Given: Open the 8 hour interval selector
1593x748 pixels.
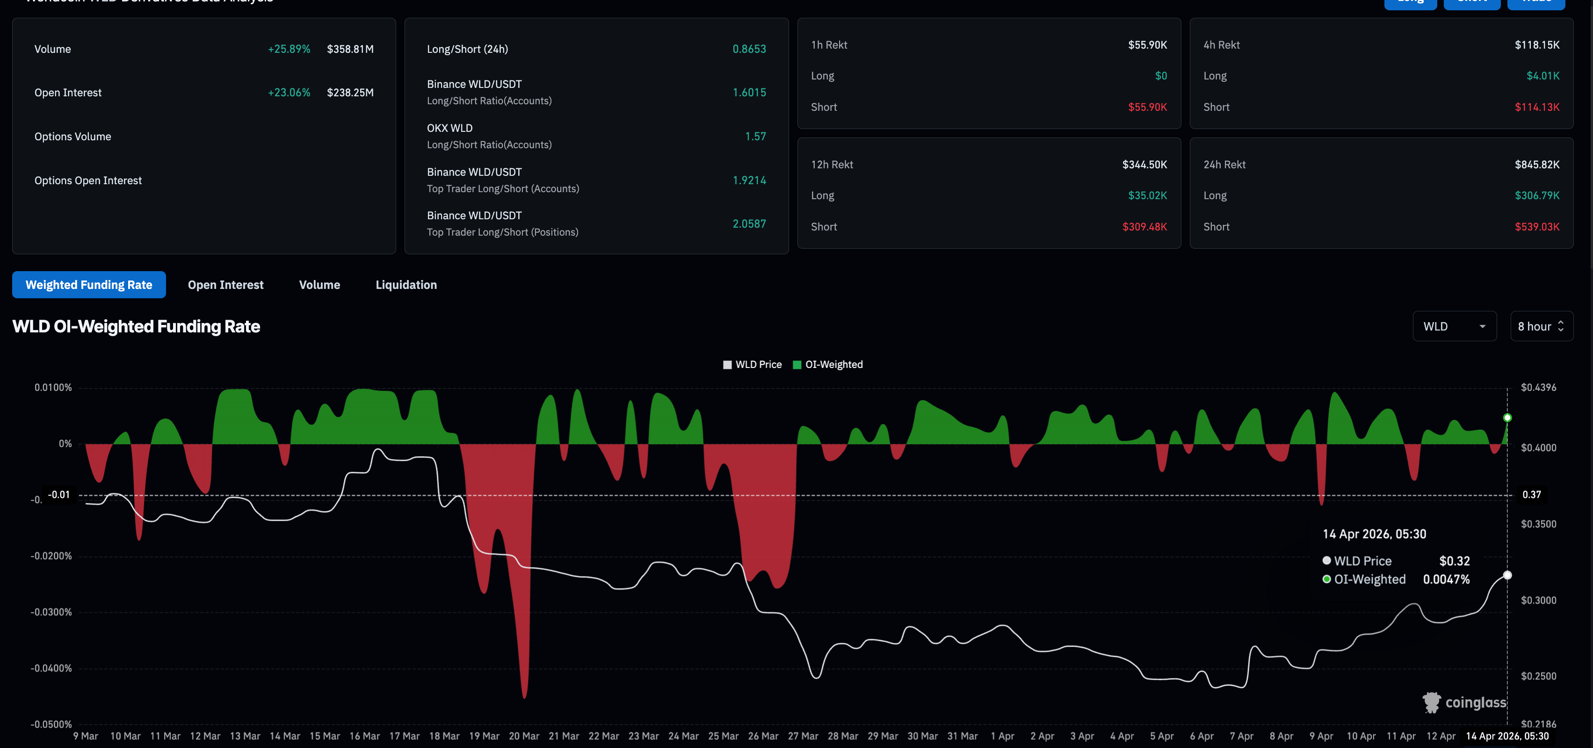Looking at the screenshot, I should [1541, 326].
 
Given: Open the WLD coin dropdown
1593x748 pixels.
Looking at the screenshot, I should [1454, 326].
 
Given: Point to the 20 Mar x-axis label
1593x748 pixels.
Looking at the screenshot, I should [524, 736].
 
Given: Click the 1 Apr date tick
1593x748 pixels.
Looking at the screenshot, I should [1002, 736].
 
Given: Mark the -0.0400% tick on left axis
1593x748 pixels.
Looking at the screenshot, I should [51, 668].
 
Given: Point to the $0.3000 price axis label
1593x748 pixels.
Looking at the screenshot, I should [1538, 600].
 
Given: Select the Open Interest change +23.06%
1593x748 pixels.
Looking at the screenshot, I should [289, 93].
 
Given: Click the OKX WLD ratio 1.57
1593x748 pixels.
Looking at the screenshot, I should [755, 137].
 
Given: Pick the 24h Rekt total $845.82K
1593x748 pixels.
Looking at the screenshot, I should [1537, 165].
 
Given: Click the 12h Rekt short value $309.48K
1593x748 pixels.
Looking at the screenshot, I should [1144, 227].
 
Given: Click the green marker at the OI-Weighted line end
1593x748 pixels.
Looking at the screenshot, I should [1507, 418].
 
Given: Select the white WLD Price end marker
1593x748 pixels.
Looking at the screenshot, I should [1507, 575].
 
